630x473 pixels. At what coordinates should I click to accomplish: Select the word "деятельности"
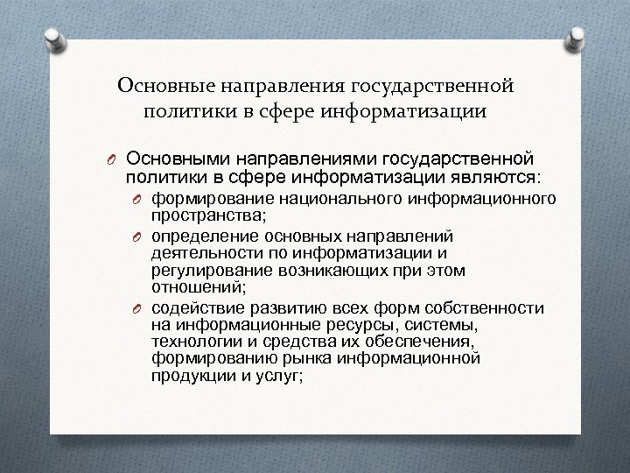click(x=195, y=252)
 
